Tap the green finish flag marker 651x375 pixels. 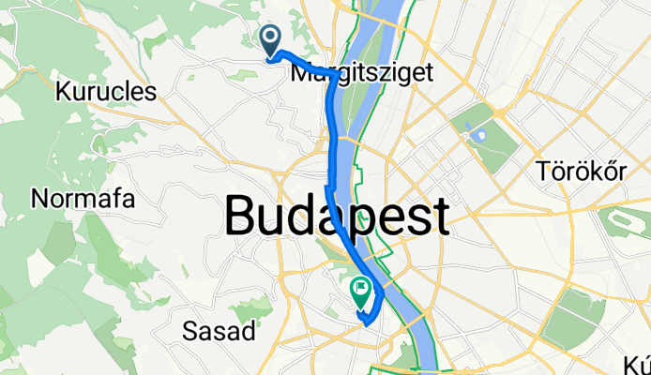coord(360,290)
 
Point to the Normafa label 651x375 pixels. coord(83,199)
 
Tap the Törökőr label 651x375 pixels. coord(581,170)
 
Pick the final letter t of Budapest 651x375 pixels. coord(437,218)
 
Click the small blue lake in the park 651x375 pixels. coord(481,134)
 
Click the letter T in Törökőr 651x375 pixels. coord(542,170)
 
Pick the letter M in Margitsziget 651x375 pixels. coord(303,70)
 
